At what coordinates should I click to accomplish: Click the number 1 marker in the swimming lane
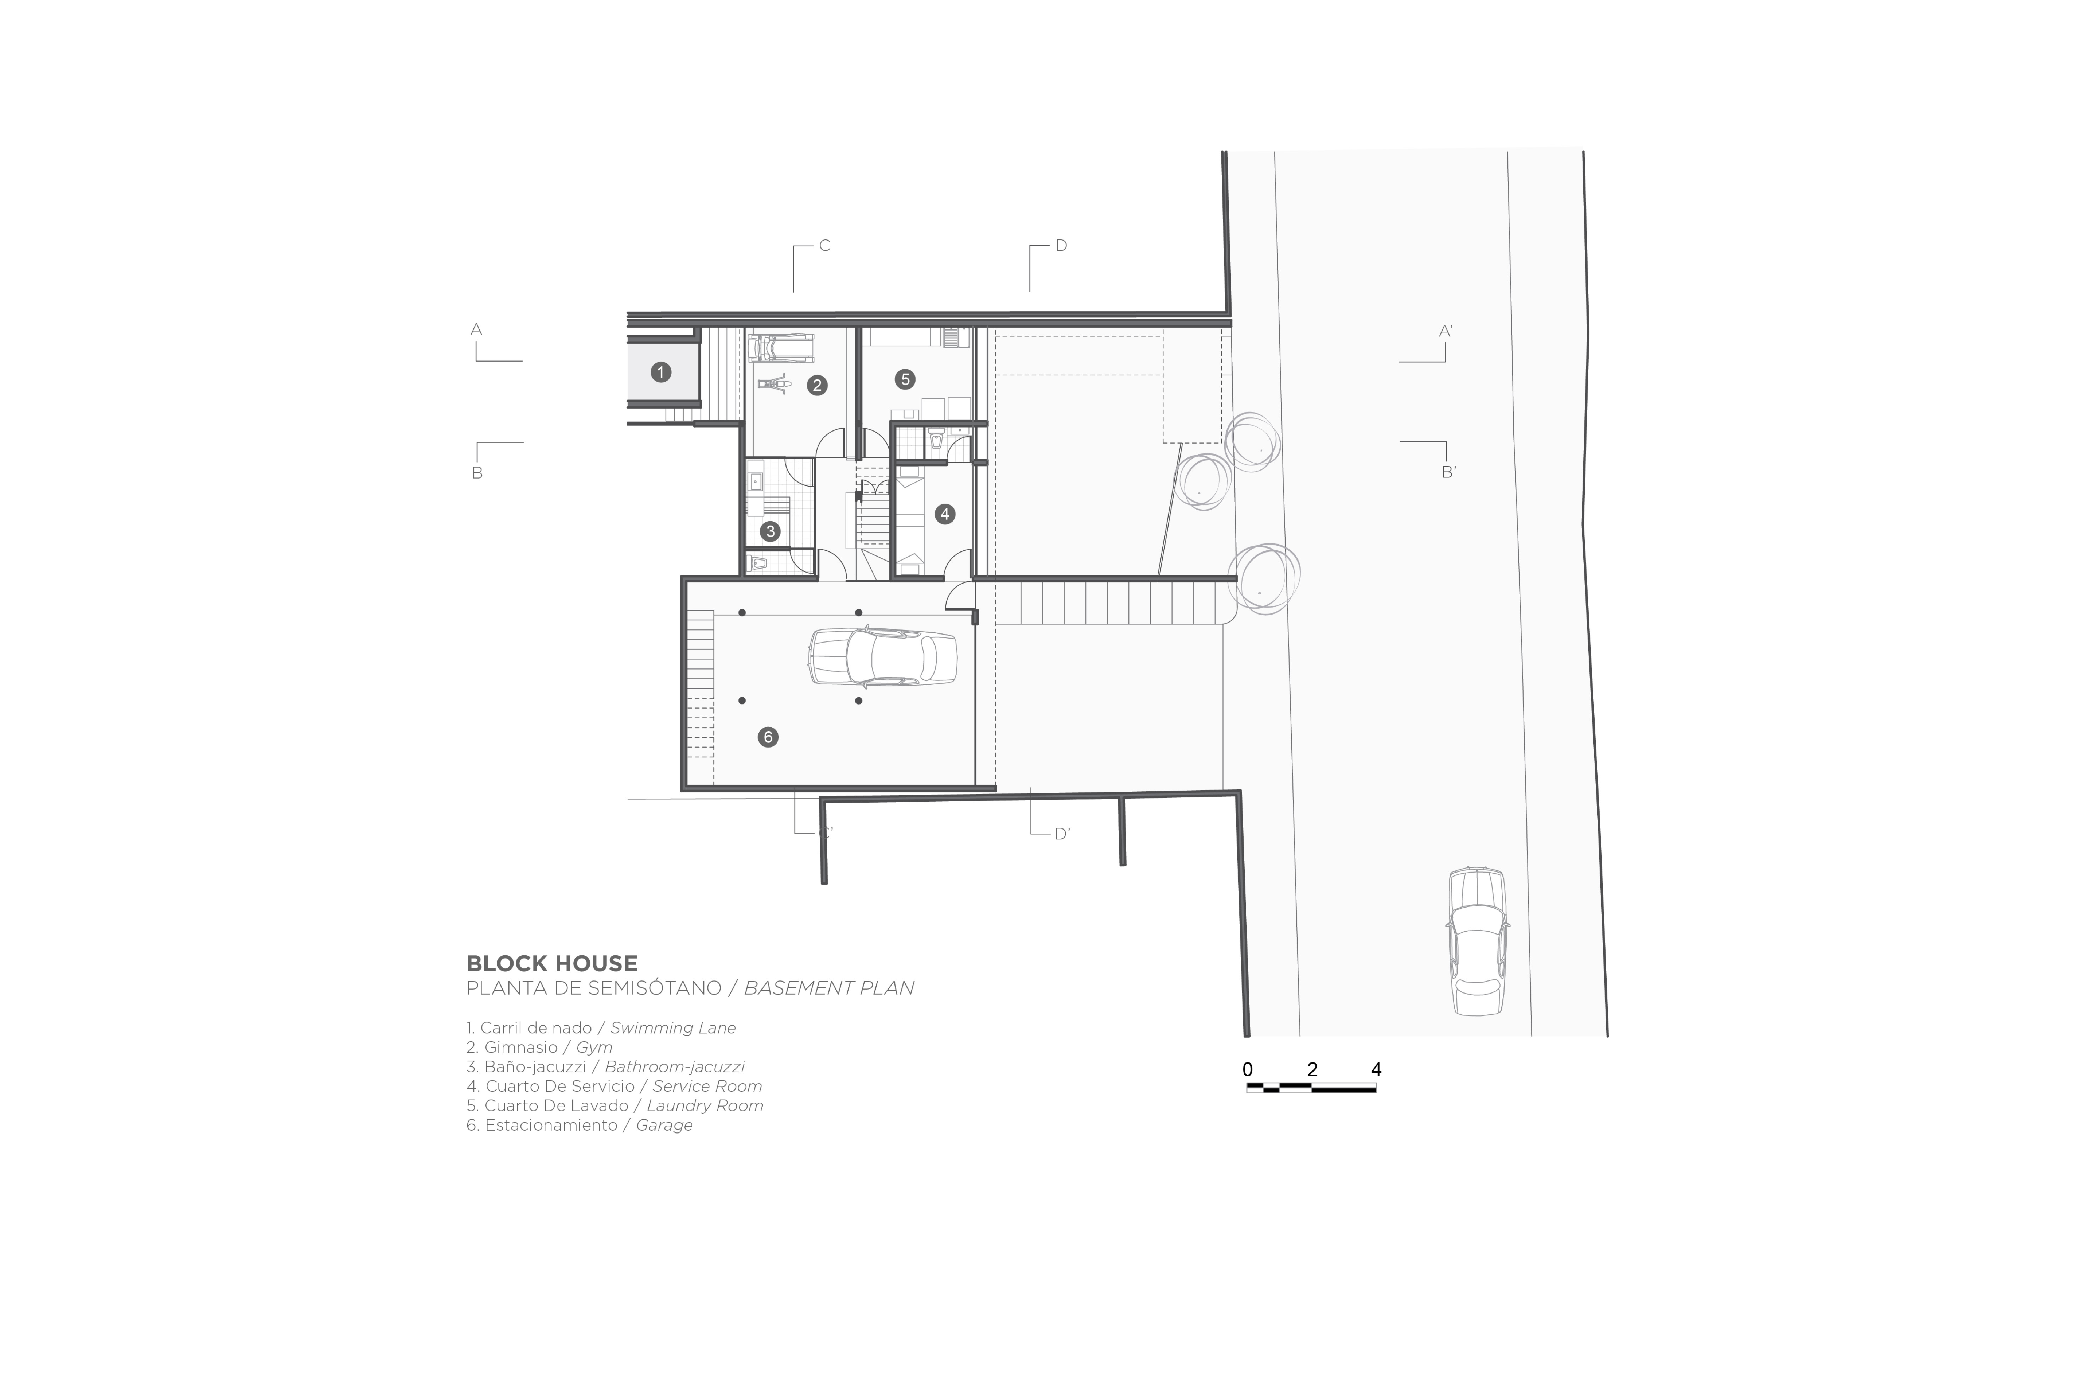(x=661, y=372)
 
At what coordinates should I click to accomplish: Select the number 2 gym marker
(x=817, y=386)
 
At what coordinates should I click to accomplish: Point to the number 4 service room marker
(x=945, y=513)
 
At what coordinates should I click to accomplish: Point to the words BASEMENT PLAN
(x=829, y=988)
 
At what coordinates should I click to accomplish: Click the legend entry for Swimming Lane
(x=601, y=1027)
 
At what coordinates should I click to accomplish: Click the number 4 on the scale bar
(x=1376, y=1069)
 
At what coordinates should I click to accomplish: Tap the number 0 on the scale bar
(x=1248, y=1069)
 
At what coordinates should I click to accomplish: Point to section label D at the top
(x=1061, y=245)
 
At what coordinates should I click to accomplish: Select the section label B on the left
(x=477, y=473)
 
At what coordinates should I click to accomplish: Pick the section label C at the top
(x=825, y=245)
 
